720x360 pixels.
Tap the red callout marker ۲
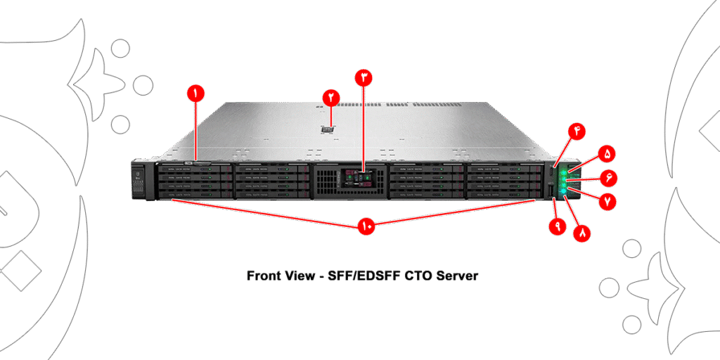tap(330, 97)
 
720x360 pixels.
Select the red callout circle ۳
tap(363, 77)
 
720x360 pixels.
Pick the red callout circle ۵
tap(606, 153)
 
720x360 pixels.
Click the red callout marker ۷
tap(606, 200)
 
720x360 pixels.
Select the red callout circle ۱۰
tap(366, 226)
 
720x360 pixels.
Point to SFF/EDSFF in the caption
tap(364, 276)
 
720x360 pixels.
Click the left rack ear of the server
tap(139, 181)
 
